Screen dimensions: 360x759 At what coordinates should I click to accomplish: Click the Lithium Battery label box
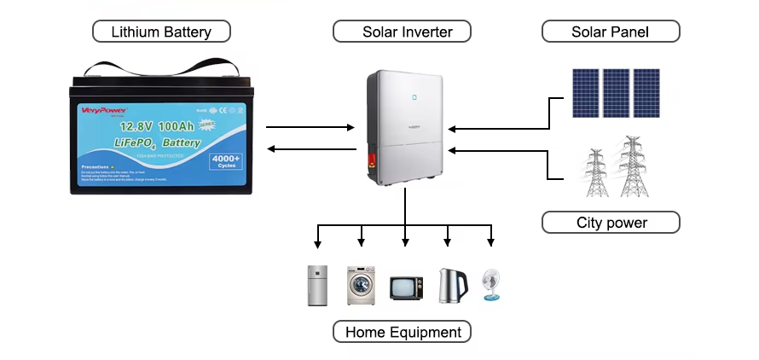[161, 32]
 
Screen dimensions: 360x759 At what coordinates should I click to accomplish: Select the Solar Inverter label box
[404, 32]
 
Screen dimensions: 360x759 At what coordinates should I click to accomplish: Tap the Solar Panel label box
[610, 32]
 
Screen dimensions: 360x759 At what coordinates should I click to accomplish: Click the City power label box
[610, 223]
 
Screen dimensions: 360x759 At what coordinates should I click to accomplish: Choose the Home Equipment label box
[403, 332]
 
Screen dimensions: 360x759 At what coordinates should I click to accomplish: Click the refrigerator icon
[317, 285]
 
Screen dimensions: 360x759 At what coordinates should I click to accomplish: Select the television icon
[404, 287]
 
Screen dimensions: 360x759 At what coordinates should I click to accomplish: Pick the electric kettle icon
[449, 286]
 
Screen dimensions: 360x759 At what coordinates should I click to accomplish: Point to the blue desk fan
[492, 285]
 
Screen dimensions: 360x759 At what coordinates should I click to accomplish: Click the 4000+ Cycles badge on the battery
[226, 161]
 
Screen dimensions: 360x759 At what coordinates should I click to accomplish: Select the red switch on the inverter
[373, 159]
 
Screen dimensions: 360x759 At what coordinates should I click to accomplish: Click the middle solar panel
[616, 92]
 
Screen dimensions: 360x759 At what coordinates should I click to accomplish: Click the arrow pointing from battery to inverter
[310, 128]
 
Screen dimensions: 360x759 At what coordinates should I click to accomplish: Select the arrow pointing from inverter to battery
[310, 149]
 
